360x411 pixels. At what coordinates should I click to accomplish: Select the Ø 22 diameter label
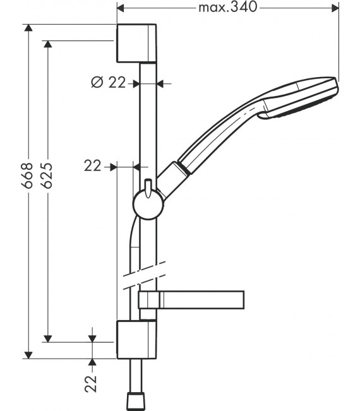tap(108, 82)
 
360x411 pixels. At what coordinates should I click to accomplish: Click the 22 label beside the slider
tap(93, 165)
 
